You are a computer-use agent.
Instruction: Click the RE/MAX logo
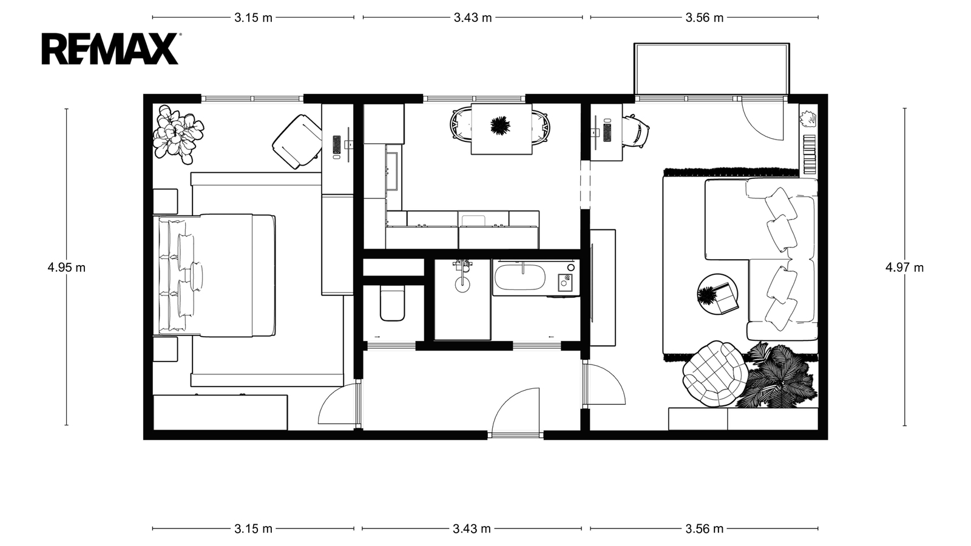(x=110, y=49)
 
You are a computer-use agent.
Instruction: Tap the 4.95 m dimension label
(x=66, y=268)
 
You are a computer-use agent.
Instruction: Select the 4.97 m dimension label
(x=904, y=268)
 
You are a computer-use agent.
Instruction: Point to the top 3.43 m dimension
(x=473, y=18)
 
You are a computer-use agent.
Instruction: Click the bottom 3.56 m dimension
(x=705, y=528)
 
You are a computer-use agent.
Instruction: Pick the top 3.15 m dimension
(x=253, y=18)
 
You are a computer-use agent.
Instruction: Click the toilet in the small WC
(x=392, y=303)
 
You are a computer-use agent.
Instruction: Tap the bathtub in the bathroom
(x=519, y=277)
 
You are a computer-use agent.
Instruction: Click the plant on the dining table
(x=500, y=126)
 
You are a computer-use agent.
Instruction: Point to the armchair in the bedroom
(x=297, y=141)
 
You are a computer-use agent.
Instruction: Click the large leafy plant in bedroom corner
(x=178, y=134)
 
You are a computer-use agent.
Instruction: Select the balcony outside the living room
(x=711, y=69)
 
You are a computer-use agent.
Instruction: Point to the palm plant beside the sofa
(x=778, y=376)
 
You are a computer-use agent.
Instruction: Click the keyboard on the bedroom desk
(x=337, y=145)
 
